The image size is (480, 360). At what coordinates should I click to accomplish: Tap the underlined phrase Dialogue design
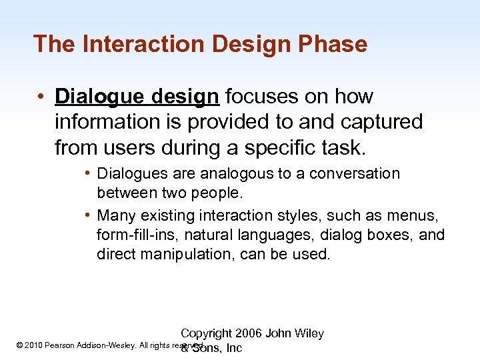point(137,97)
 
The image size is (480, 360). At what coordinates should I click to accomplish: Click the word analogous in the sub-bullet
point(233,174)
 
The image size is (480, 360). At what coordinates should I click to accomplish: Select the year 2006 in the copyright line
point(246,333)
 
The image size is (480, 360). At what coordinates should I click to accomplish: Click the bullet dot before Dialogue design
point(41,97)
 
